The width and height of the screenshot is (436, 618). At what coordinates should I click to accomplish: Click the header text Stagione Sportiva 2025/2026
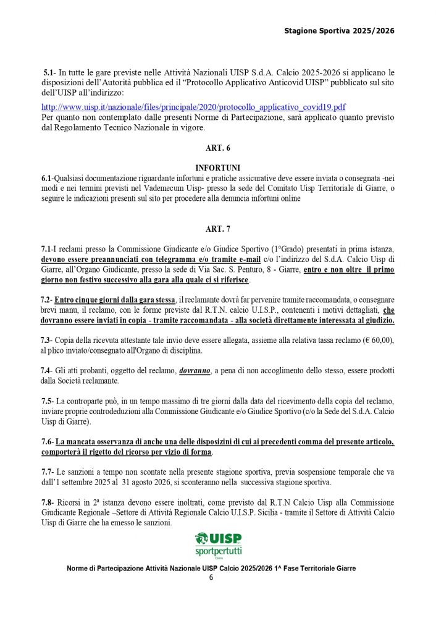(339, 30)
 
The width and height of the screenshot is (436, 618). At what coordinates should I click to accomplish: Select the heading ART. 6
(217, 148)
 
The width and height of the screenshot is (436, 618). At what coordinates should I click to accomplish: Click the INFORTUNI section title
(217, 168)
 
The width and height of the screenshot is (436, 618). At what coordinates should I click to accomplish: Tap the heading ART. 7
(217, 229)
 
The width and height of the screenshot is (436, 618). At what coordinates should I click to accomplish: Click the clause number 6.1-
(48, 179)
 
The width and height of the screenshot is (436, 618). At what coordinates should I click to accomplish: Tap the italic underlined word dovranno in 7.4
(196, 371)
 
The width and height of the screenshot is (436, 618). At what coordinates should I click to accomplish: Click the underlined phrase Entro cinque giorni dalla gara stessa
(115, 300)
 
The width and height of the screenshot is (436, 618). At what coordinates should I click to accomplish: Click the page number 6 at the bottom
(211, 577)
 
